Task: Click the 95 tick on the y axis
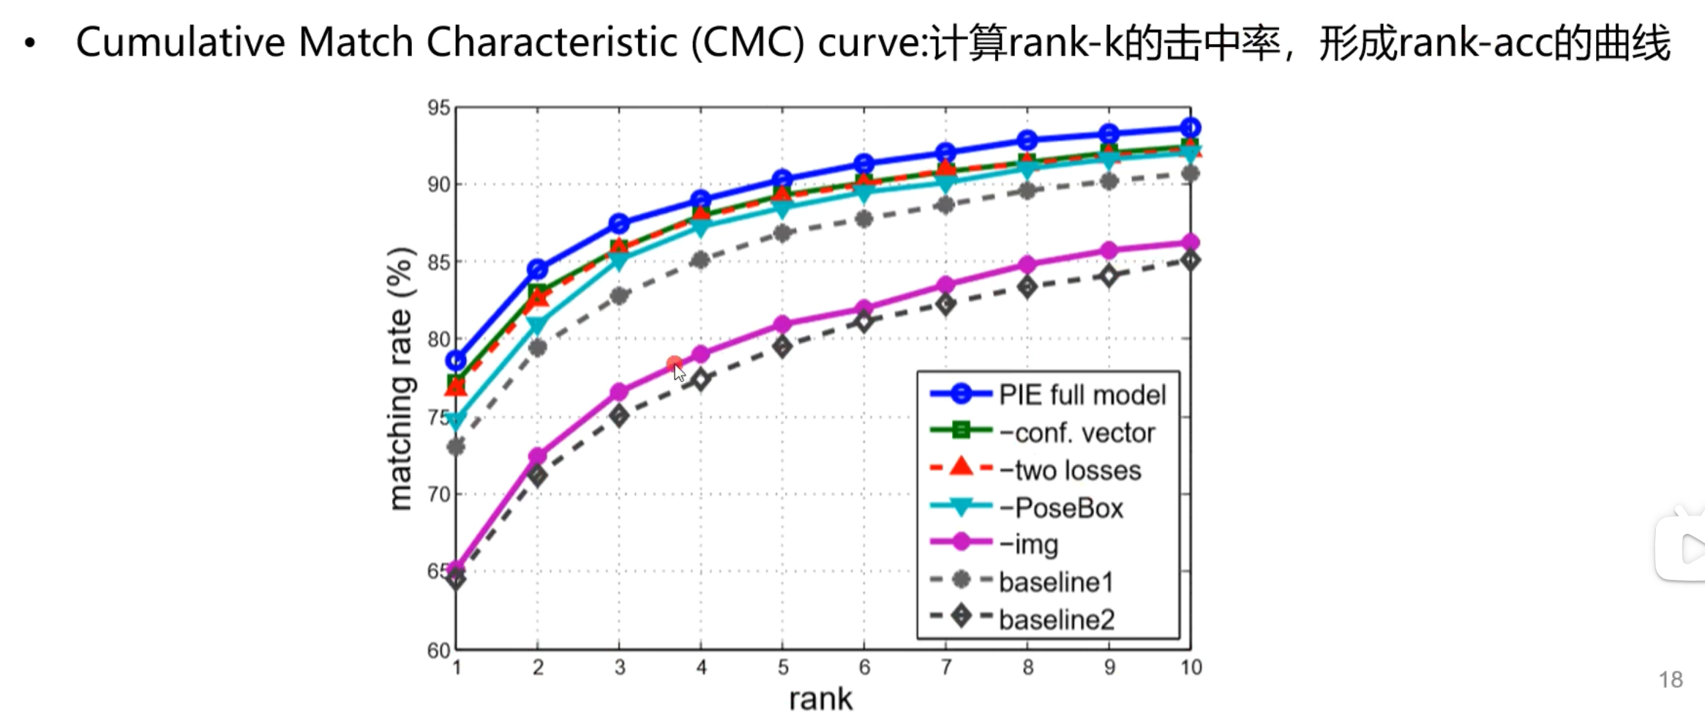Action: point(438,108)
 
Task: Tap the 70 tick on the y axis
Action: point(438,494)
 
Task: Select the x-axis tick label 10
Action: point(1191,668)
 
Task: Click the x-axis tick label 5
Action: point(782,668)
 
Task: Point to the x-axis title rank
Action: point(820,699)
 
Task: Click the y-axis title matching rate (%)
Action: point(400,379)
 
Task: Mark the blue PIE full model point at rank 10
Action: point(1191,127)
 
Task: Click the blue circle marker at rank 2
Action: point(538,269)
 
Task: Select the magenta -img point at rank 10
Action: point(1191,242)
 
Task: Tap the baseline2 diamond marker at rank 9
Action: point(1109,276)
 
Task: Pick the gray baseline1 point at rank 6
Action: point(864,219)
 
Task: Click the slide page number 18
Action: point(1671,680)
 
